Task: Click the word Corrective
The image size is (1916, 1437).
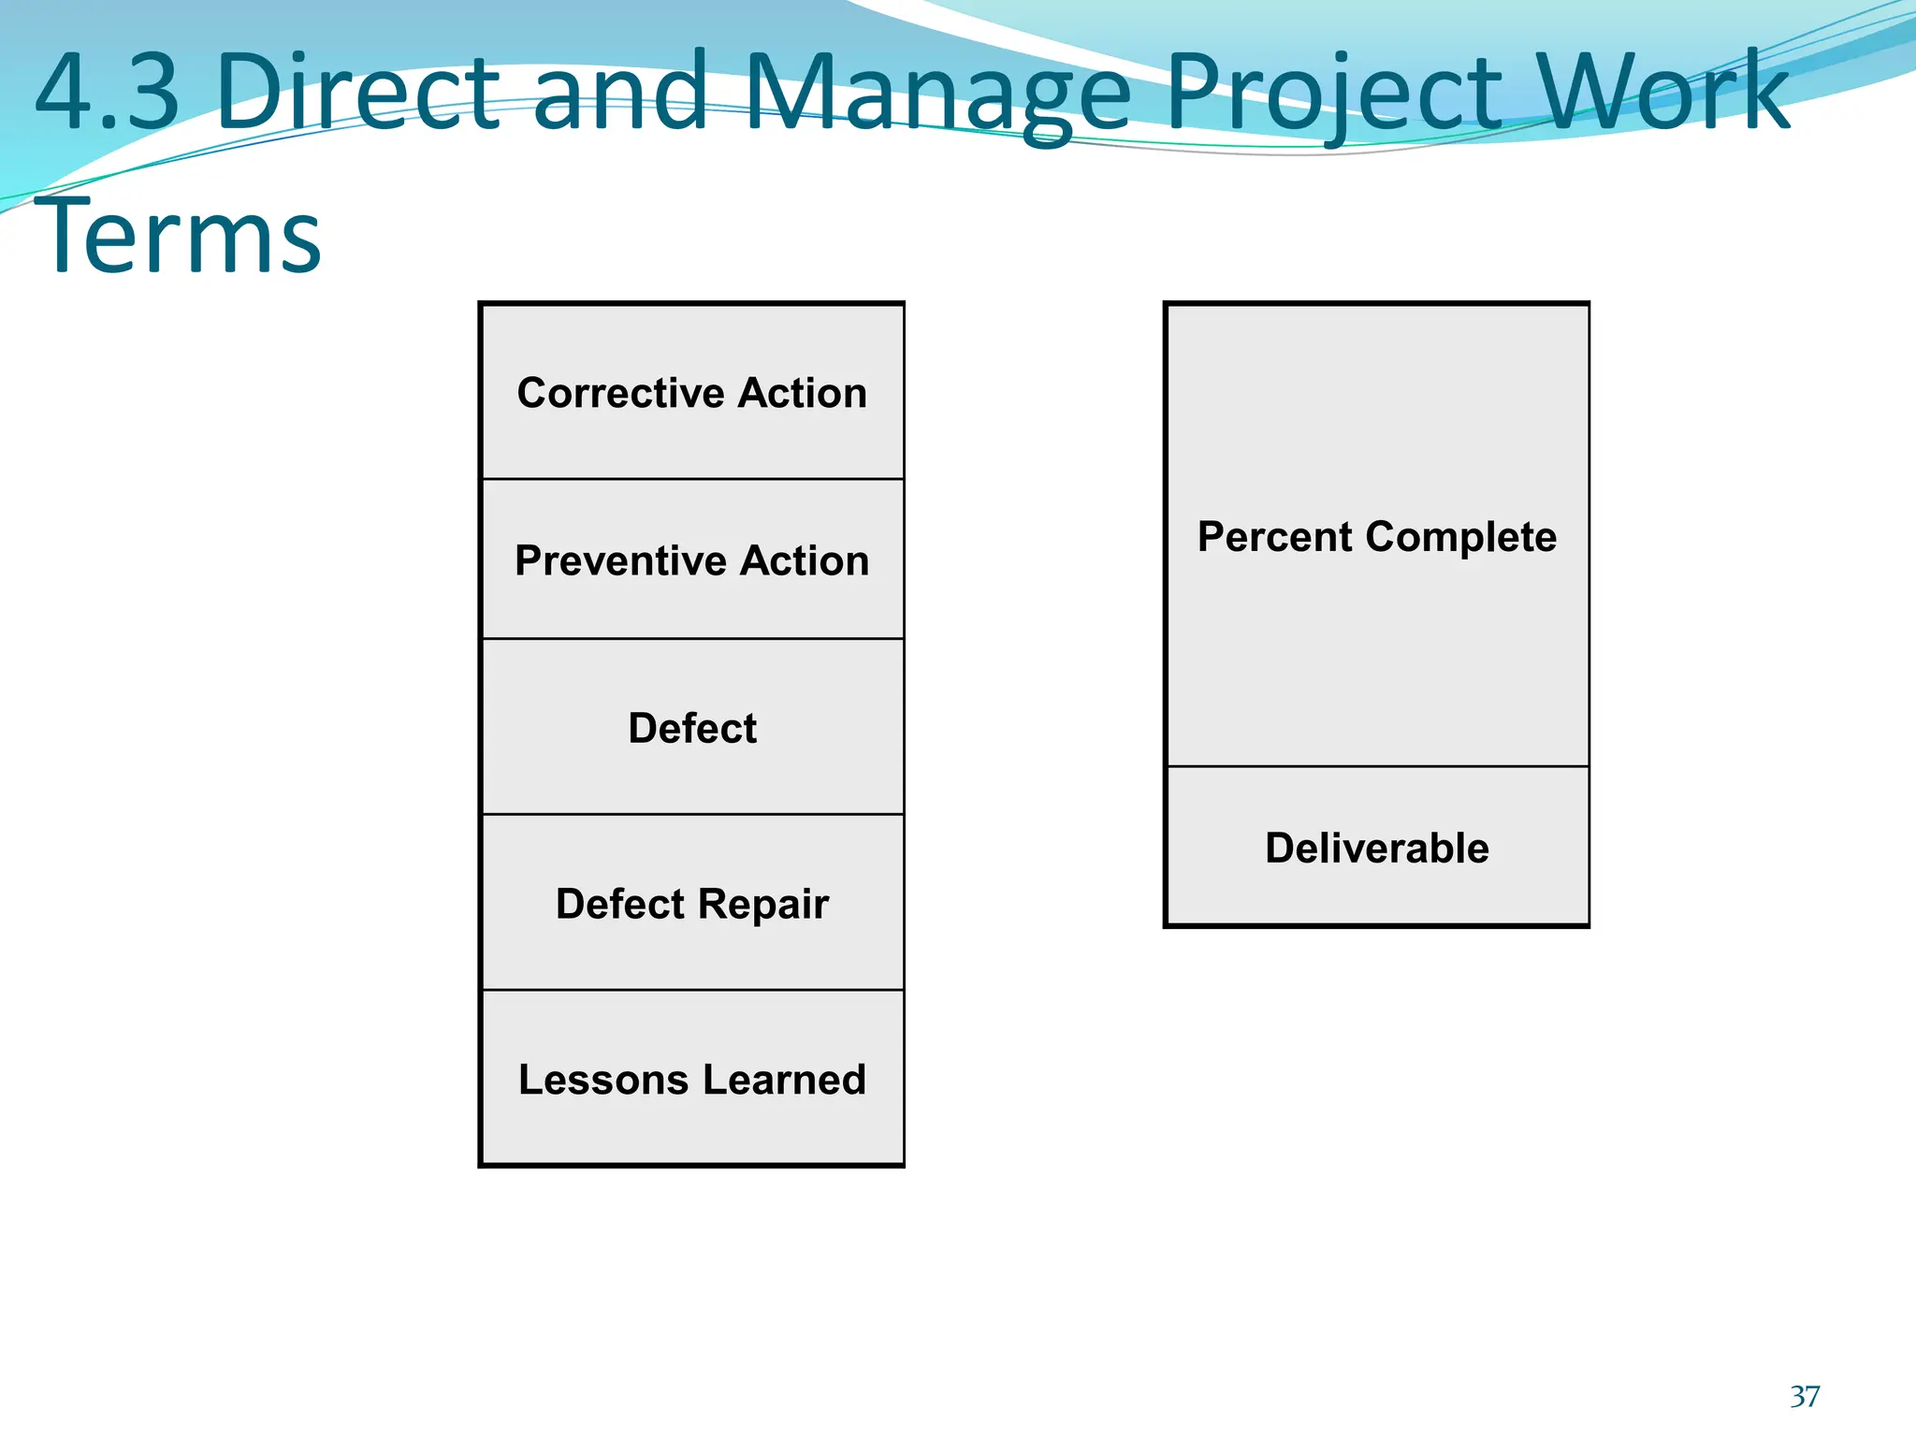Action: [x=618, y=393]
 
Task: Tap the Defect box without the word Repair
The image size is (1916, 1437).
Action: [x=692, y=728]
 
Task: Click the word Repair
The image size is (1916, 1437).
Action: [x=762, y=905]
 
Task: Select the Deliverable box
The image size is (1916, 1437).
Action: [x=1377, y=848]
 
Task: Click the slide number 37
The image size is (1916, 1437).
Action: [x=1805, y=1396]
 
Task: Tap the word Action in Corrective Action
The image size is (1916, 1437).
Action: [x=802, y=393]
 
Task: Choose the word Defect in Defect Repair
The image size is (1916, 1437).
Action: [x=620, y=904]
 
